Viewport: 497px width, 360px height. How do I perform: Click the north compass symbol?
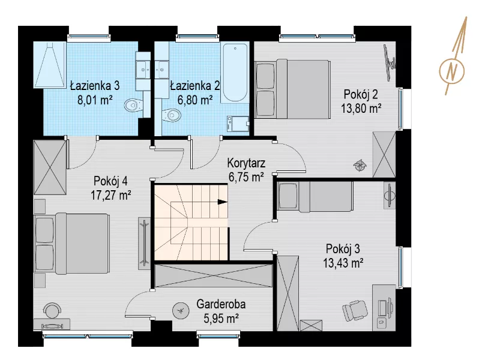point(453,70)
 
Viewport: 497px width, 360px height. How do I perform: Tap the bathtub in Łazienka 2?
point(235,73)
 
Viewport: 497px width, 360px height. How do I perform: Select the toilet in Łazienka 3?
point(133,105)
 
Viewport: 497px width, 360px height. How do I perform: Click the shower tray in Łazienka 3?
point(50,65)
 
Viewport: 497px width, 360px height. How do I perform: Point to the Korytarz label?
point(246,163)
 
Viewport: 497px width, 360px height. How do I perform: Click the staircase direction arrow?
point(223,202)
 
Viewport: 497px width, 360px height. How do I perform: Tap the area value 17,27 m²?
point(111,195)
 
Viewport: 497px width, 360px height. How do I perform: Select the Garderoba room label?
point(221,304)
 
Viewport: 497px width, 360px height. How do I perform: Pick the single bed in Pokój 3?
point(315,196)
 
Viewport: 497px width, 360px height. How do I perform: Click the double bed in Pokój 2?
point(292,89)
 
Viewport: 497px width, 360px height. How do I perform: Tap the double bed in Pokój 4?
point(71,244)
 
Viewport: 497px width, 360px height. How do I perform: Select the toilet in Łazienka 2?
point(171,115)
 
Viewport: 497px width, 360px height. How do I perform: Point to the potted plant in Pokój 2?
point(360,165)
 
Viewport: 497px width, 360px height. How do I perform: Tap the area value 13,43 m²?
point(343,263)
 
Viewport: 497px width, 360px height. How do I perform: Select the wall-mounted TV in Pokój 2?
point(389,62)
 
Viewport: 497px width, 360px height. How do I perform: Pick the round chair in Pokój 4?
point(52,310)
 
